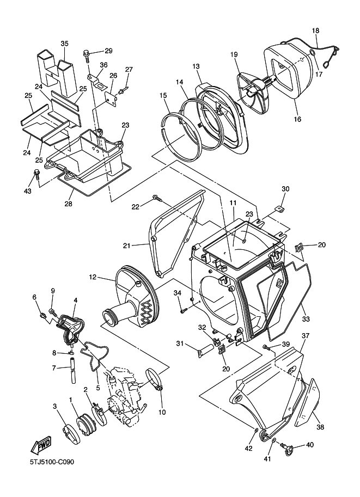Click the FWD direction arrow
(x=41, y=445)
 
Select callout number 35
(x=64, y=44)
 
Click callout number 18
(x=315, y=30)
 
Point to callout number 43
(x=28, y=191)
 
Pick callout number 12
(x=92, y=277)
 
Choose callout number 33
(x=306, y=319)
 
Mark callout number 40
(x=309, y=445)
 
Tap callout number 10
(x=162, y=412)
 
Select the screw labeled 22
(x=157, y=198)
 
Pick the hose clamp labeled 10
(x=156, y=380)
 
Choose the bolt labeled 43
(x=36, y=174)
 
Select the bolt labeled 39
(x=266, y=347)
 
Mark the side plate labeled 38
(x=307, y=403)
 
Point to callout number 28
(x=69, y=204)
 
